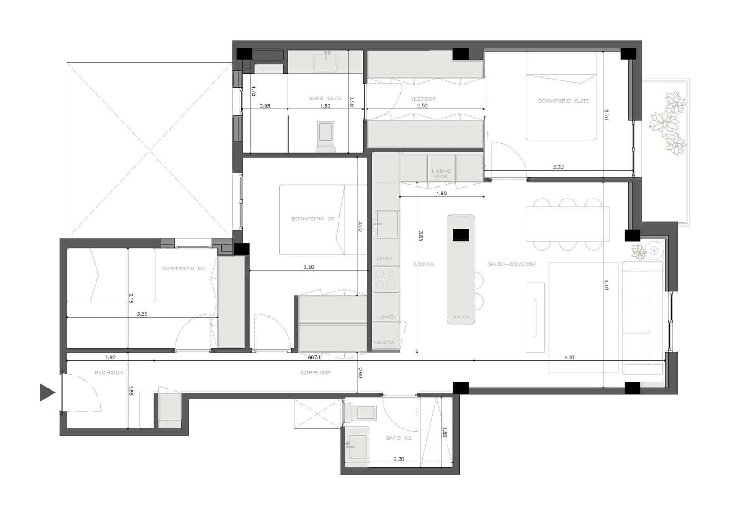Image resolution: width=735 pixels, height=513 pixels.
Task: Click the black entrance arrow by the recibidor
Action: click(x=47, y=392)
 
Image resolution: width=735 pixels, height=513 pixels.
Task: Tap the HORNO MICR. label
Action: click(x=441, y=173)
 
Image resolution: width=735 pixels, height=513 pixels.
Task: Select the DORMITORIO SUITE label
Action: click(x=564, y=101)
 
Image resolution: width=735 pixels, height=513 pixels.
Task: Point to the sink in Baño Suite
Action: click(x=325, y=63)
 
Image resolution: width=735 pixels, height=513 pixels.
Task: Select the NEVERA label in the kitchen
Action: click(x=384, y=342)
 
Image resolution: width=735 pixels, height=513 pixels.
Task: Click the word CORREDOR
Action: click(x=316, y=372)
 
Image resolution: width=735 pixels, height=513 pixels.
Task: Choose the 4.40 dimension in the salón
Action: click(x=606, y=285)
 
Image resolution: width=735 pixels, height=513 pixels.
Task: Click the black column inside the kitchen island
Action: click(x=461, y=235)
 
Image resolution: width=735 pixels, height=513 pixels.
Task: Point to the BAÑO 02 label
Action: click(x=398, y=438)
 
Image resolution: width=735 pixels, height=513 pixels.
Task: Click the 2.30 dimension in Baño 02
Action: click(x=399, y=459)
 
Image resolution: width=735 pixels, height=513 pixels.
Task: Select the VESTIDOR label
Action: click(x=423, y=99)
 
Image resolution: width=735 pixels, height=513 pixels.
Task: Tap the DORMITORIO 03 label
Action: click(x=183, y=268)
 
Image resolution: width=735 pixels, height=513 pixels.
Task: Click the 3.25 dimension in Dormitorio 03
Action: click(x=142, y=314)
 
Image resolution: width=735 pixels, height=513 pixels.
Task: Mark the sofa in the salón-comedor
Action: click(x=642, y=317)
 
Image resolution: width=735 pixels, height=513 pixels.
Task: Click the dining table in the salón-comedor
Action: click(x=568, y=224)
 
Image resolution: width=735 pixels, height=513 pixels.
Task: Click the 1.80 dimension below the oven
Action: click(x=441, y=193)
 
